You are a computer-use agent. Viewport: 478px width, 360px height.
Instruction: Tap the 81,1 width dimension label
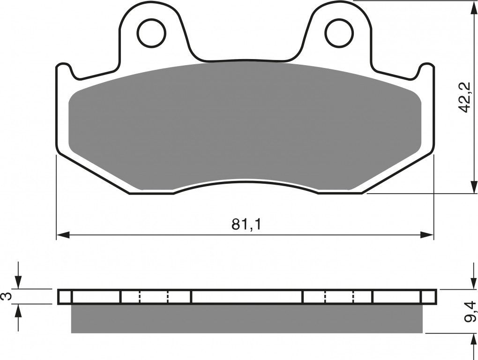246,225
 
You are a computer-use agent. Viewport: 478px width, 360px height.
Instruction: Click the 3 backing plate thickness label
7,296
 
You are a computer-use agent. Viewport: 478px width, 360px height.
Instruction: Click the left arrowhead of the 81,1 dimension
63,235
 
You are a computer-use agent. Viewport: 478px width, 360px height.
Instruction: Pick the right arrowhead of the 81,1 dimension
427,235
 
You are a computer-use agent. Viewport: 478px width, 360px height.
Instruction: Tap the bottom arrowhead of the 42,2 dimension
474,187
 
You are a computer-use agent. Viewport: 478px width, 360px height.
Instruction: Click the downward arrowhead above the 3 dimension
18,282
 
